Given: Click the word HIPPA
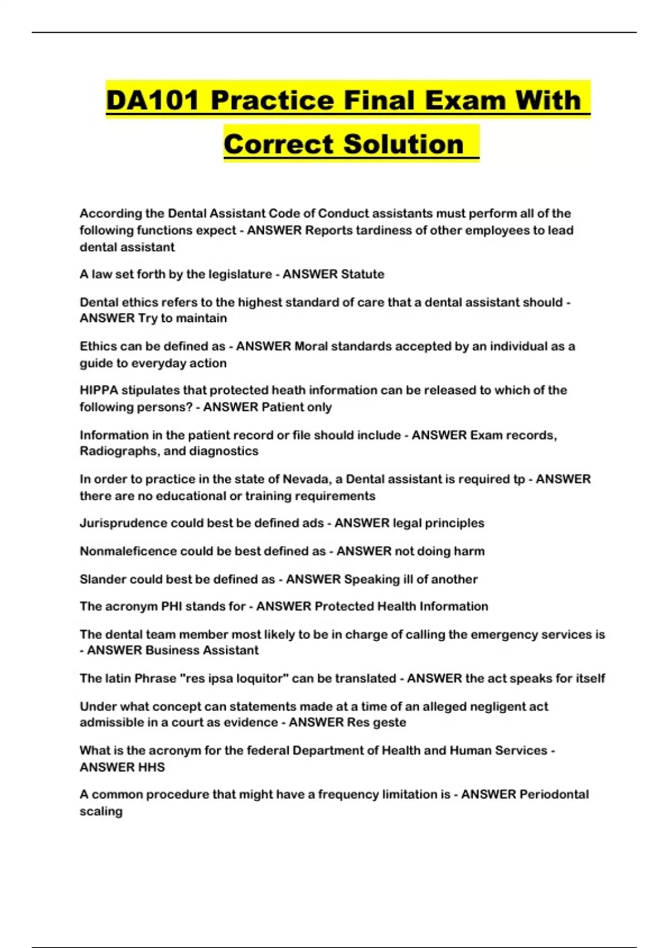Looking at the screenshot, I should tap(99, 390).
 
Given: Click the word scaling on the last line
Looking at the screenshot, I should tap(101, 811).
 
